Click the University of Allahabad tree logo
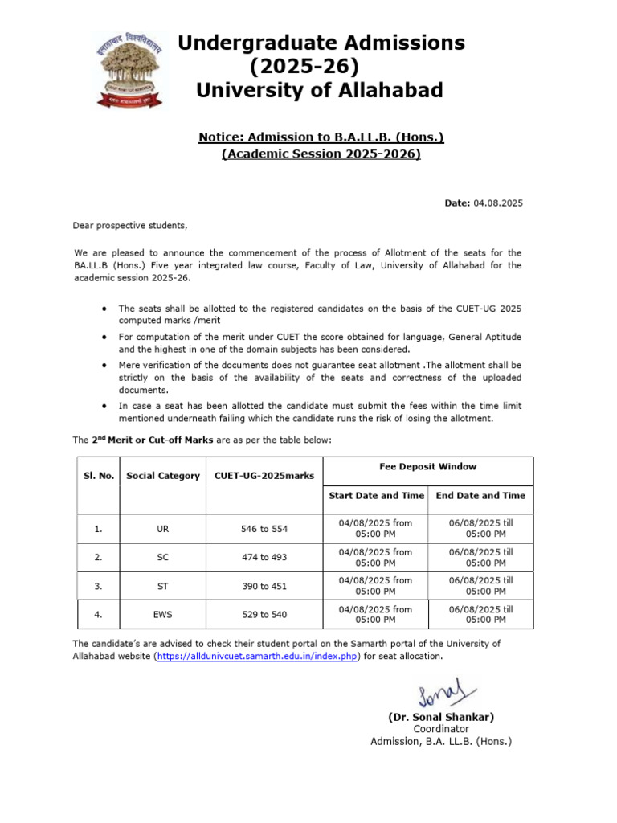(x=129, y=71)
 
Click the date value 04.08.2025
(x=498, y=203)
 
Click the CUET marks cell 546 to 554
(x=264, y=529)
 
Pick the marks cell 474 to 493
(x=264, y=558)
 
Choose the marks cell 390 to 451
(x=264, y=586)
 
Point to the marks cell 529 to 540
(x=264, y=615)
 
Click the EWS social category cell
(x=163, y=615)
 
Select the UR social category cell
(x=163, y=529)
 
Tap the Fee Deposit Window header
(x=427, y=467)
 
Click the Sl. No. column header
(x=99, y=476)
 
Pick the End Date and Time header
(x=480, y=496)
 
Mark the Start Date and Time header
(x=375, y=496)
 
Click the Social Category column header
(x=163, y=476)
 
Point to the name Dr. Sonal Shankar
(x=441, y=717)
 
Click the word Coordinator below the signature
(x=441, y=729)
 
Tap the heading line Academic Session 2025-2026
(x=321, y=154)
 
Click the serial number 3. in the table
(x=98, y=586)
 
